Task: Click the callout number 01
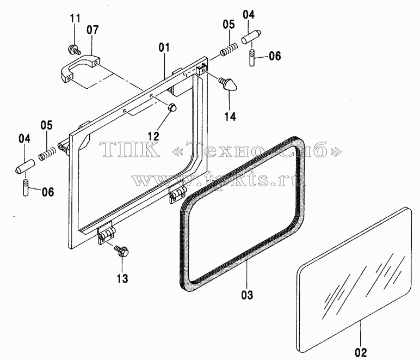[164, 47]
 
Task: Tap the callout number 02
[361, 352]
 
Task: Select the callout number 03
[247, 295]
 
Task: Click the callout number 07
[92, 30]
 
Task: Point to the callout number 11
[75, 19]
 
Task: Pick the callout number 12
[154, 136]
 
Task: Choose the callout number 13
[122, 278]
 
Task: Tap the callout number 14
[230, 117]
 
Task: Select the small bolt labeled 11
[74, 50]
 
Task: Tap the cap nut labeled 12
[172, 108]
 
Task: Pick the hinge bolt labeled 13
[122, 251]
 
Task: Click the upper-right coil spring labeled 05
[229, 50]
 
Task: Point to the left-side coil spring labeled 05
[47, 154]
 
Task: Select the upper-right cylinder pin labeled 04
[251, 37]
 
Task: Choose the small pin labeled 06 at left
[26, 188]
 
